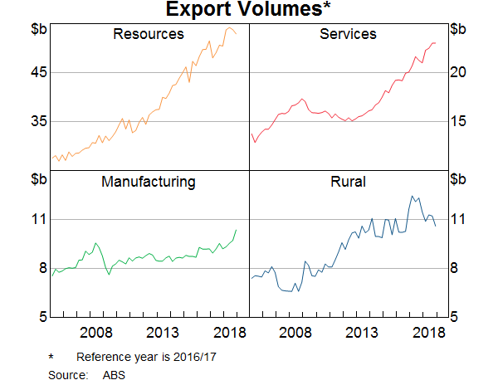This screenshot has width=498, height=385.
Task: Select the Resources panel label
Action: click(149, 35)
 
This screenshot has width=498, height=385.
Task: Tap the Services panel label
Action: click(348, 35)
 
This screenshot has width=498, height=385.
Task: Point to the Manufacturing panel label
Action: click(149, 182)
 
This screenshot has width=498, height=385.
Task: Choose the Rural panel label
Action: click(348, 182)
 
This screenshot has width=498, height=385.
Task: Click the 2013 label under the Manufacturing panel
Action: click(164, 333)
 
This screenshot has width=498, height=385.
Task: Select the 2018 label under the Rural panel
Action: click(430, 333)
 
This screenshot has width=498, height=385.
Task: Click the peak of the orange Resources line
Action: click(230, 27)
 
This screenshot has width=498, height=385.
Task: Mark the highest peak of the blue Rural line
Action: click(412, 196)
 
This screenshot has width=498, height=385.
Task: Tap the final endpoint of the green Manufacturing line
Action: click(237, 230)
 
